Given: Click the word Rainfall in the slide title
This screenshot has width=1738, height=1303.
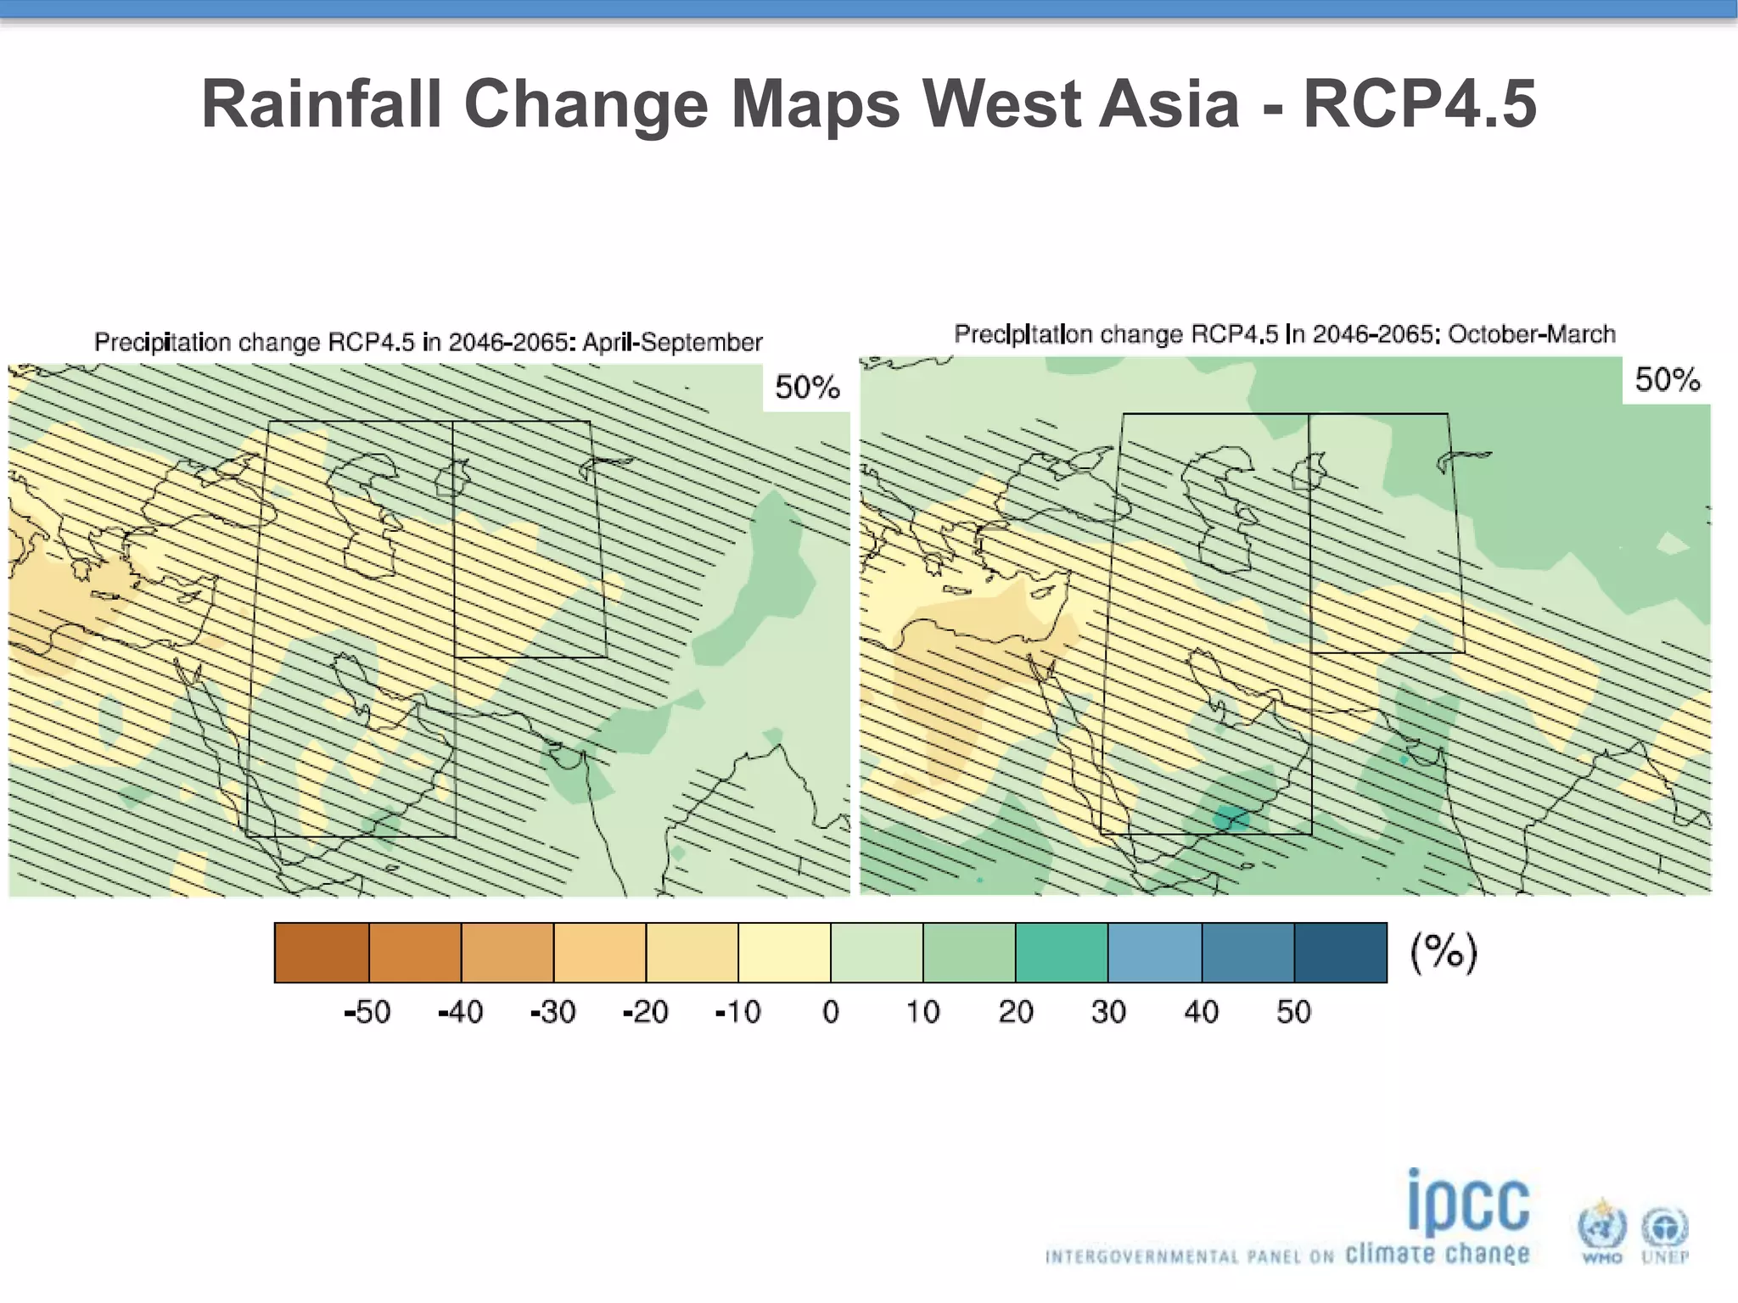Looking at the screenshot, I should [322, 104].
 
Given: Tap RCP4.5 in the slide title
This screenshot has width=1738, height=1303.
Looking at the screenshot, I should [1419, 104].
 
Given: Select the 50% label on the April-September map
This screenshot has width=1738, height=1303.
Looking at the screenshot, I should [806, 388].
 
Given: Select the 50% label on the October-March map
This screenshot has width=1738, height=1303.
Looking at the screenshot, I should [1667, 379].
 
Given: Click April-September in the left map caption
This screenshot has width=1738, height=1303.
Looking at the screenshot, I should [671, 342].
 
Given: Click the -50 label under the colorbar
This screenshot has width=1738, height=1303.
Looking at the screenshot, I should [367, 1012].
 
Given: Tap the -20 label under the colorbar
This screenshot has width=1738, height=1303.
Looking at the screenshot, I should [645, 1012].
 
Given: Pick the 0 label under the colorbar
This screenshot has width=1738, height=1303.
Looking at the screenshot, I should [831, 1012].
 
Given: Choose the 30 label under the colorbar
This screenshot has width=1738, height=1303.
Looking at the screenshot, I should [1108, 1012].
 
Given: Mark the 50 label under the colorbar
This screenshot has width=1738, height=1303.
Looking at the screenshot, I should [1293, 1012].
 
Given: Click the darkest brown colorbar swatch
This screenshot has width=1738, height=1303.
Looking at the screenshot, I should [322, 953].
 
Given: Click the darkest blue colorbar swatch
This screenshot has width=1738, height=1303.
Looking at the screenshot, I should [1340, 953].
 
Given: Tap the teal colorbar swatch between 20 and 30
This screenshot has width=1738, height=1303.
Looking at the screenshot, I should [1062, 953].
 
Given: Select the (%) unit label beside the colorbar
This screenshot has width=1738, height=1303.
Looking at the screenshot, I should [1444, 952].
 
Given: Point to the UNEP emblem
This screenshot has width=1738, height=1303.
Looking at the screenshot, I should [1664, 1232].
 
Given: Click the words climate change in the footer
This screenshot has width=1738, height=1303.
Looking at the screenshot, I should [1437, 1254].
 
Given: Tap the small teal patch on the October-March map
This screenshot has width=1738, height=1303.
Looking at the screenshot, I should [1231, 819].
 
